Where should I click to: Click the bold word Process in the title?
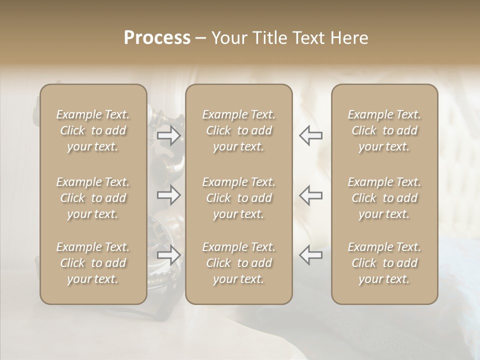pos(157,38)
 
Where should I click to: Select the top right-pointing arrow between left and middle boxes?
pos(168,135)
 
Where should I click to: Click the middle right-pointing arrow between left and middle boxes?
pos(168,195)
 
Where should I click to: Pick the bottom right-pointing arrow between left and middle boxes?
pos(168,255)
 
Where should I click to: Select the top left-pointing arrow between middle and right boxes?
pos(311,135)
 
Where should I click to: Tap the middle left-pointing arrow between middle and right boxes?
pos(311,195)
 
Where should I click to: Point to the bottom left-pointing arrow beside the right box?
pos(311,255)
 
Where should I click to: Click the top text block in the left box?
pos(93,130)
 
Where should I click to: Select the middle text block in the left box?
pos(93,198)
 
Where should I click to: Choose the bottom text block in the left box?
pos(93,263)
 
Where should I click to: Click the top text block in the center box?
pos(239,130)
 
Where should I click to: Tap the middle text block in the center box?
pos(239,198)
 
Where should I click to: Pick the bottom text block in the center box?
pos(239,263)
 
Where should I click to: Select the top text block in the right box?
pos(384,130)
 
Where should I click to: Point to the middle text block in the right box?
pos(384,198)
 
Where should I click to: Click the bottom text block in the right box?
pos(384,263)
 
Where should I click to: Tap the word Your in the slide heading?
pos(228,38)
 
